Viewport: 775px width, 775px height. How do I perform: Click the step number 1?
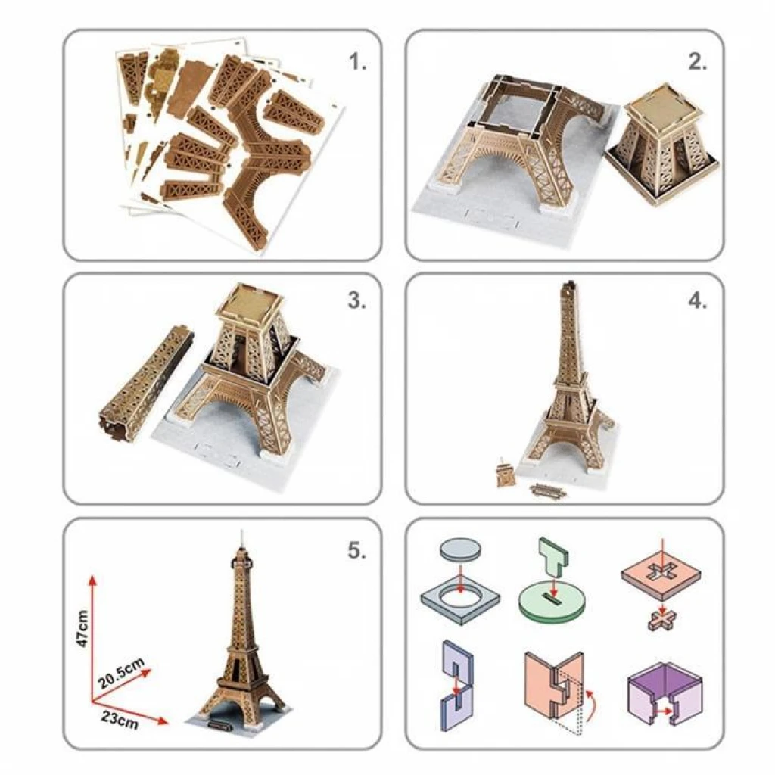click(357, 62)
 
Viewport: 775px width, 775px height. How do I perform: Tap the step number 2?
click(697, 62)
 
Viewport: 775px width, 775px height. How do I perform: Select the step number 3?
click(357, 300)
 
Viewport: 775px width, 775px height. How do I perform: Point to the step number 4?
click(697, 300)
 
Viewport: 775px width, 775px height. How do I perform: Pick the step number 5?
click(357, 550)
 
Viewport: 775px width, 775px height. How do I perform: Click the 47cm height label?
click(82, 628)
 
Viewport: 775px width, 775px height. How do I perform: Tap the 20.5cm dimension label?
click(121, 673)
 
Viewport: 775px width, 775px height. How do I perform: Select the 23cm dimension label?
click(120, 720)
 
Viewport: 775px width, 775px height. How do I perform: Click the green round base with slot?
click(552, 603)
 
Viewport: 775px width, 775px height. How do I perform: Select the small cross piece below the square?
click(662, 620)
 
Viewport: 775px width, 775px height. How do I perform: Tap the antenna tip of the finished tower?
click(241, 531)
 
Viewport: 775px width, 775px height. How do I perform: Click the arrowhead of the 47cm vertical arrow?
click(92, 580)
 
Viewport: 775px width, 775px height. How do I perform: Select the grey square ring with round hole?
click(460, 599)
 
